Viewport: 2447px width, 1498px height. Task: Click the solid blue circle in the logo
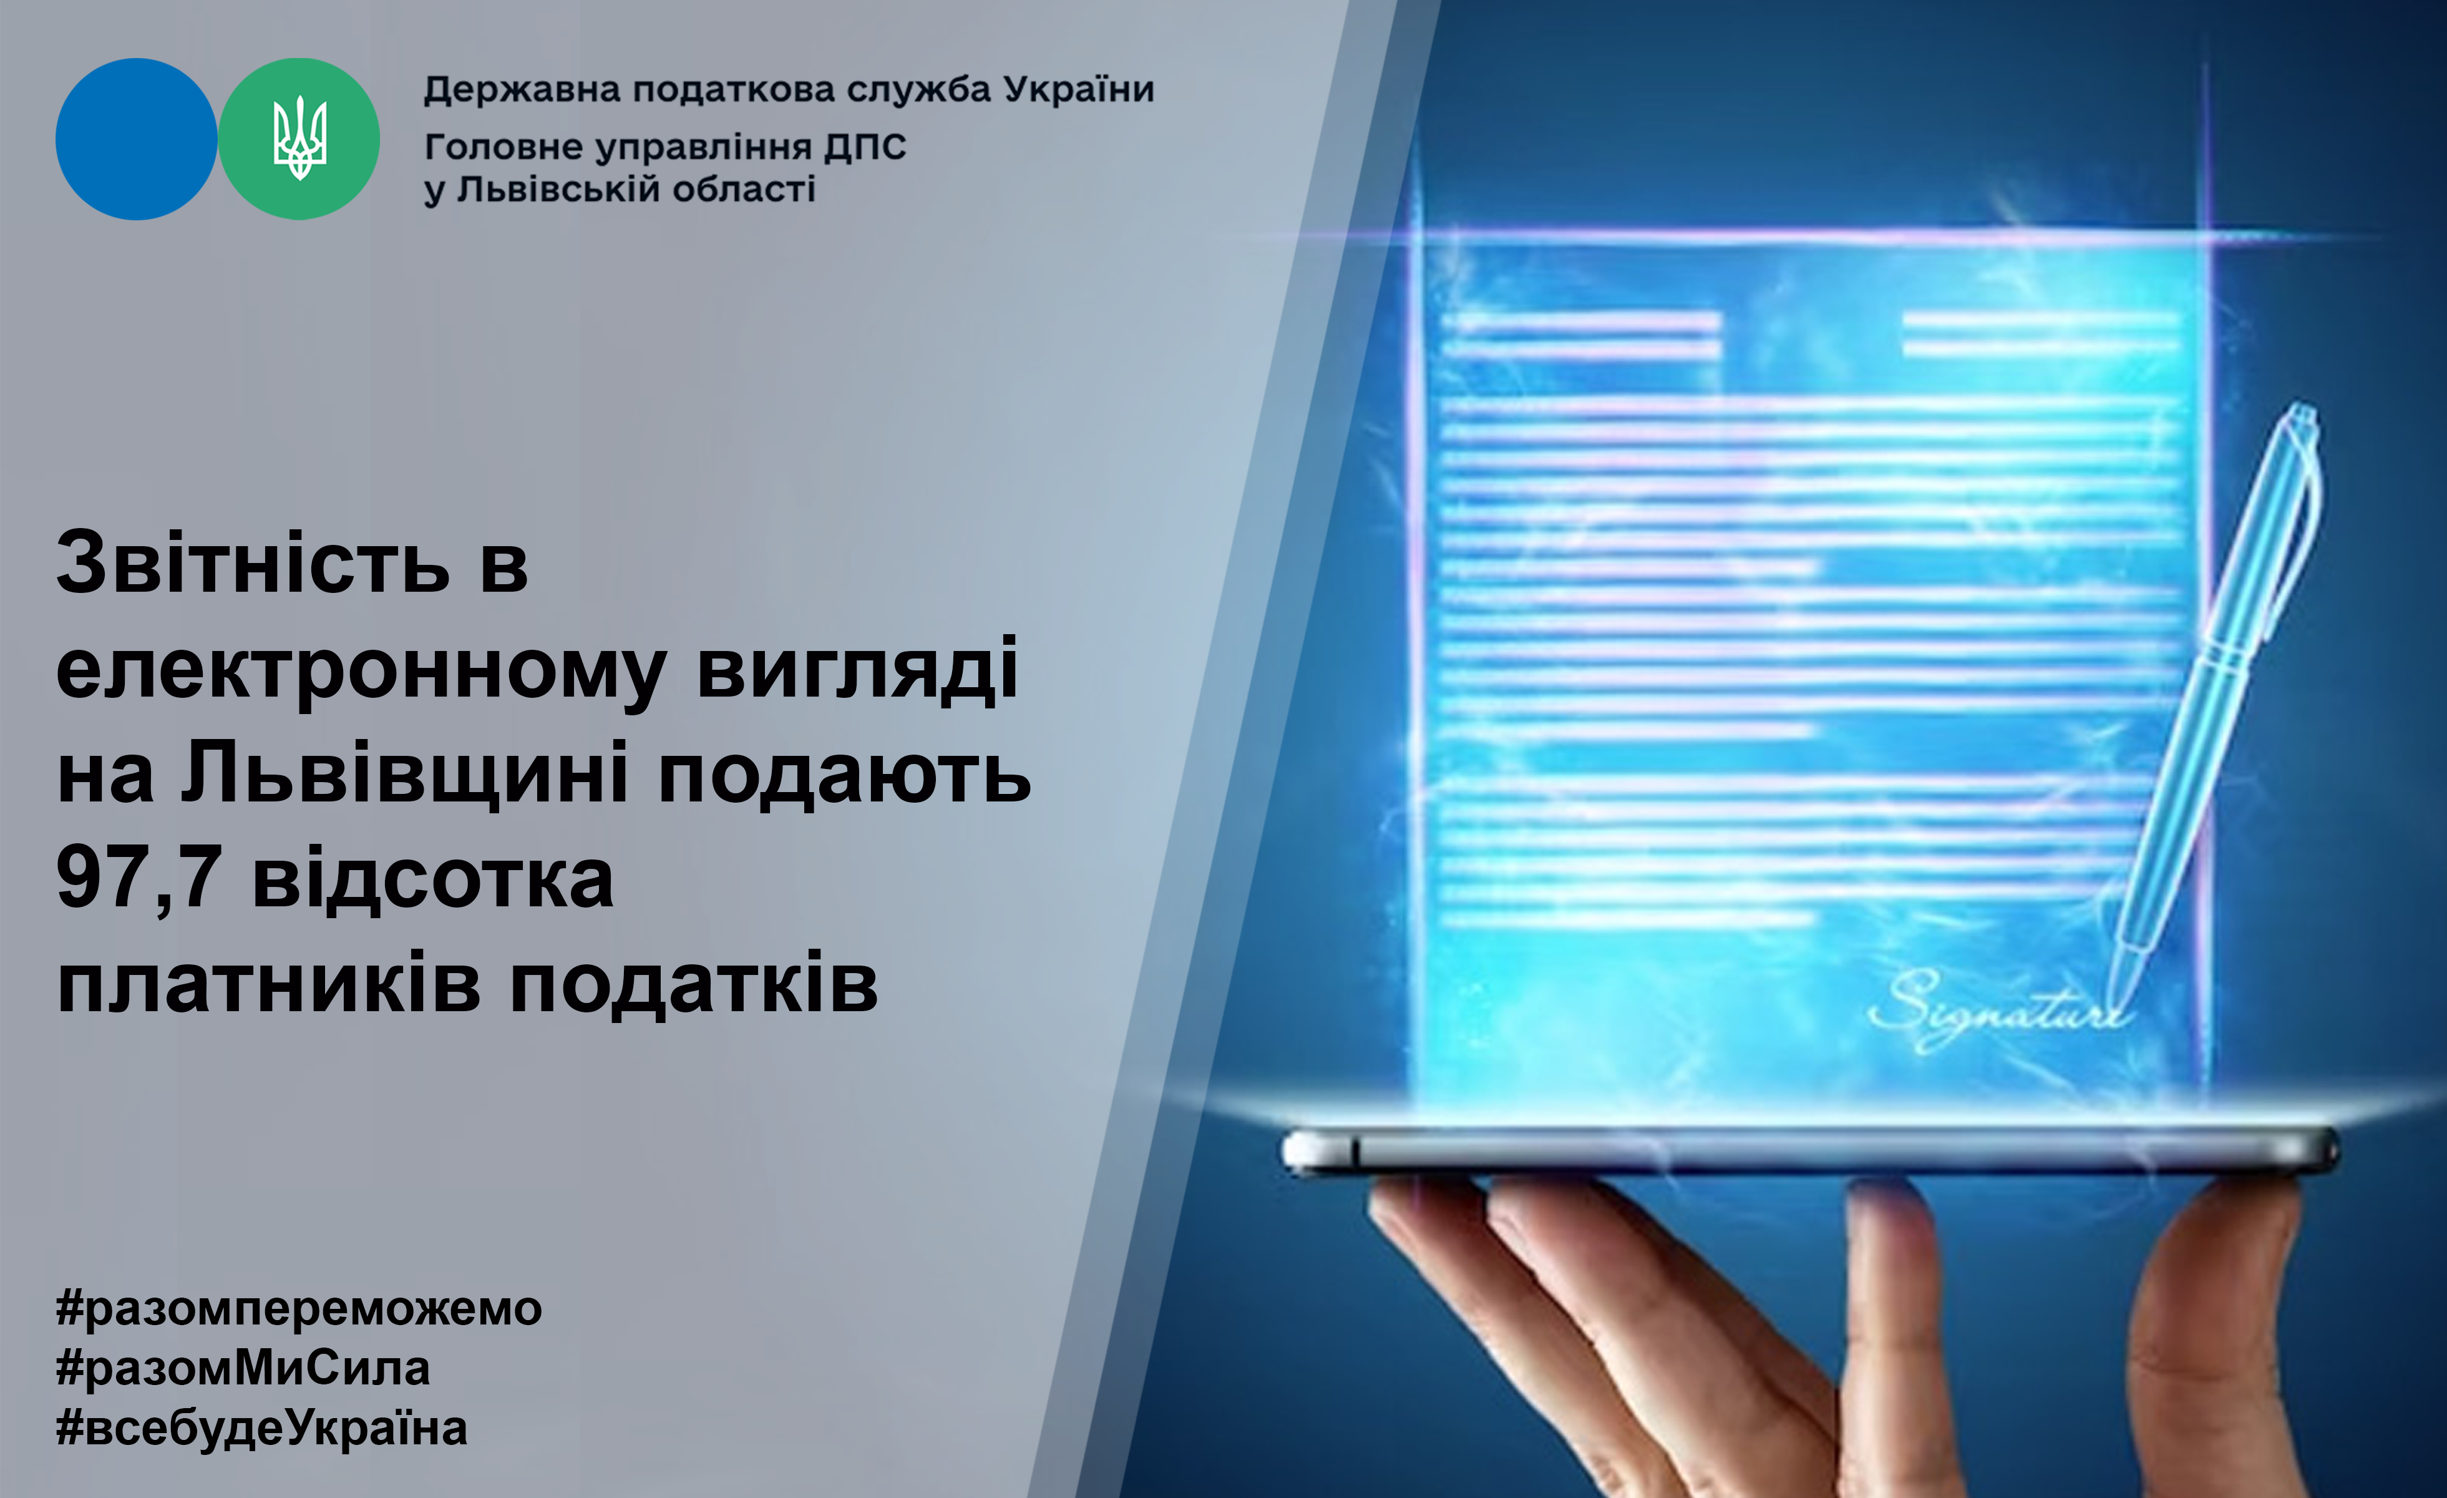tap(136, 139)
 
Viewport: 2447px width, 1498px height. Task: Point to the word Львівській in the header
tap(559, 188)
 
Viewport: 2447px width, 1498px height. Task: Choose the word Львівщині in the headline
tap(405, 773)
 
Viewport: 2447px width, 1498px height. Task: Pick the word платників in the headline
tap(269, 986)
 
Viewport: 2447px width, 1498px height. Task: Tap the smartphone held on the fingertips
tap(1809, 1152)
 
